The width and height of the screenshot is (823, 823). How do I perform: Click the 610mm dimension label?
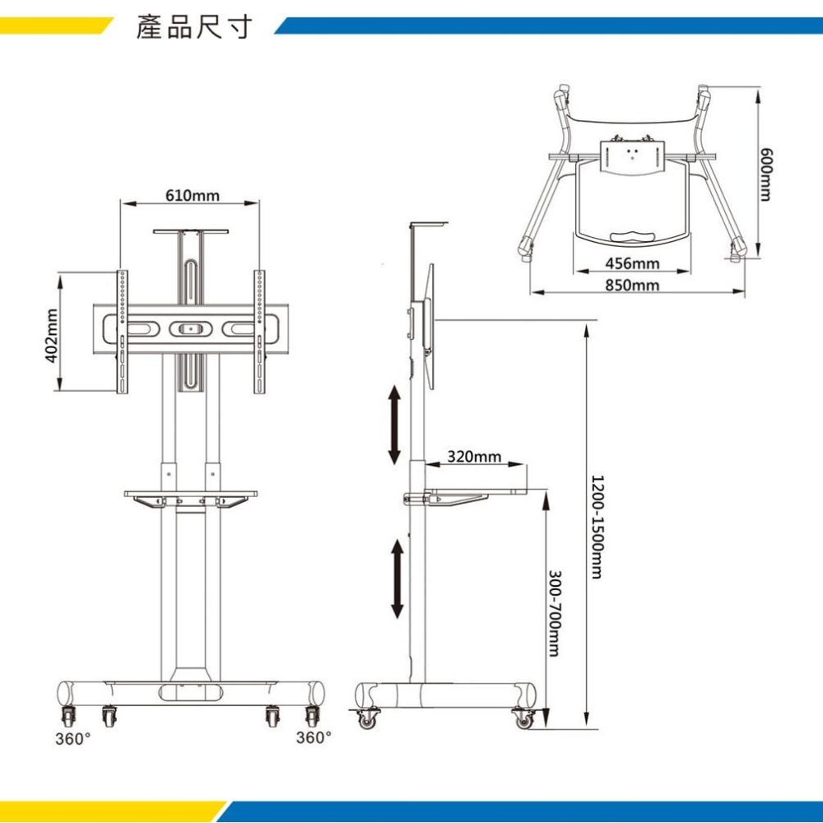pyautogui.click(x=193, y=195)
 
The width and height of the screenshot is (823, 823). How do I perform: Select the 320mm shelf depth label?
pyautogui.click(x=474, y=457)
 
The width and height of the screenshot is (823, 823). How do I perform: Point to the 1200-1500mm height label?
pyautogui.click(x=597, y=527)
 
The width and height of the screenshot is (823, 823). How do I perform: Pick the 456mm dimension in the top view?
pyautogui.click(x=632, y=263)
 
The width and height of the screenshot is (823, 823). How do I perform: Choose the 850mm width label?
pyautogui.click(x=632, y=285)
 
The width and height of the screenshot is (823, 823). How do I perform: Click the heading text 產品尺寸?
pyautogui.click(x=193, y=28)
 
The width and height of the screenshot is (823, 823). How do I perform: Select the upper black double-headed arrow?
pyautogui.click(x=394, y=425)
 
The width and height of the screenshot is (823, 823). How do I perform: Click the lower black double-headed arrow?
pyautogui.click(x=397, y=579)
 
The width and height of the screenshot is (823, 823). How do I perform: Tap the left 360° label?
pyautogui.click(x=73, y=738)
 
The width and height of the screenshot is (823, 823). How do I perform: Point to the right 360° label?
pyautogui.click(x=314, y=738)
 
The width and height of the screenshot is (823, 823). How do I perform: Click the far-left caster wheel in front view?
pyautogui.click(x=66, y=715)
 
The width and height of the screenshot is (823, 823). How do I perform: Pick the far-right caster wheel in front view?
pyautogui.click(x=311, y=715)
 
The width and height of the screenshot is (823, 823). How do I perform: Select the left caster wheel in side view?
pyautogui.click(x=366, y=719)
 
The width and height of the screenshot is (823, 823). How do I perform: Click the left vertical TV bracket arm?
pyautogui.click(x=123, y=332)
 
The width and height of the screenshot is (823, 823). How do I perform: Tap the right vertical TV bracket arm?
pyautogui.click(x=259, y=332)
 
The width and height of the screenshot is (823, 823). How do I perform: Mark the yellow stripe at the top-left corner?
pyautogui.click(x=49, y=26)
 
